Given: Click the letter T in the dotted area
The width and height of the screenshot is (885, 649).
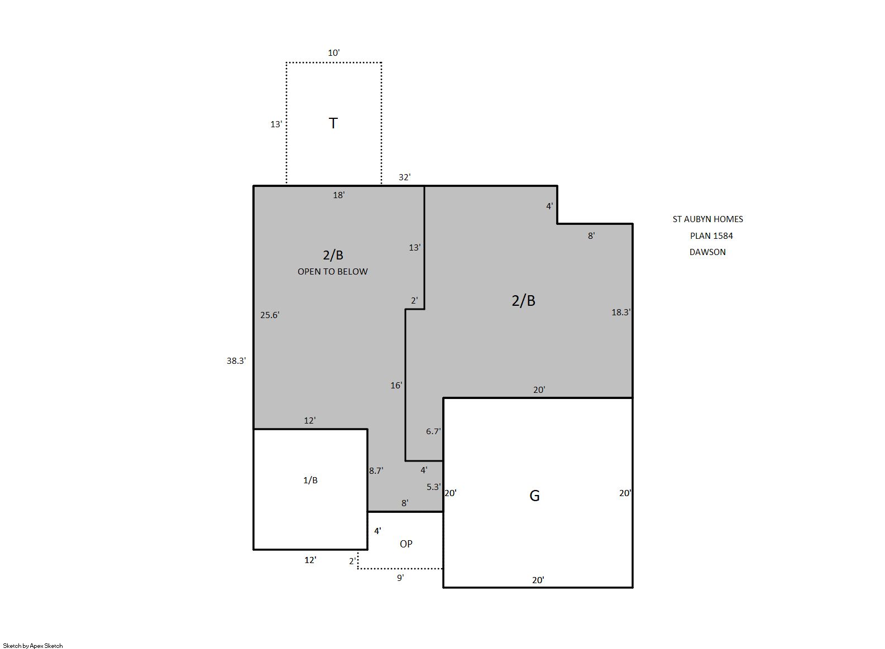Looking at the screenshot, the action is [x=333, y=123].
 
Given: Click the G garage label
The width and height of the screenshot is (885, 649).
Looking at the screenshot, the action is [x=534, y=496].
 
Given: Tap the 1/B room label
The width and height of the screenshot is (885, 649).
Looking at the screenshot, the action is [x=310, y=480].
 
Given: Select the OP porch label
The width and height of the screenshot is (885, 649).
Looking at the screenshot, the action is [x=406, y=544].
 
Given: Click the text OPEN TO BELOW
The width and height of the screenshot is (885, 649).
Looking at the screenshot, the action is [x=332, y=271].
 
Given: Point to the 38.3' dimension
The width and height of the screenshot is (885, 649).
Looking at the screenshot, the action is [x=236, y=360].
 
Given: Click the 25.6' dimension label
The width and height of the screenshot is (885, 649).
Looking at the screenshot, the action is [x=270, y=315].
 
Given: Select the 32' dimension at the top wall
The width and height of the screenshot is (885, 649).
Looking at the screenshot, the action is [x=405, y=177].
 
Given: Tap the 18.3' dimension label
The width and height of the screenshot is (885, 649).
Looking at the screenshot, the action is [x=621, y=312].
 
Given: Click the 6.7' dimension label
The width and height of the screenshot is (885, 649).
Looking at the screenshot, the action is [x=433, y=431].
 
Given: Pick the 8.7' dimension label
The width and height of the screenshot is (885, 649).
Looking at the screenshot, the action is [x=376, y=470].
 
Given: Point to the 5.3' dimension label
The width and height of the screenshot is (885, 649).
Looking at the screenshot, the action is [x=433, y=487].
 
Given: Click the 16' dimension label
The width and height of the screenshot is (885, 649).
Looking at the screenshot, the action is [x=396, y=385].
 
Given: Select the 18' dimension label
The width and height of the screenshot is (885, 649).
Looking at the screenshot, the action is [x=338, y=195].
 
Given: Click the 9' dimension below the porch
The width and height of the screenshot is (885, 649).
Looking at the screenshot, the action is [x=400, y=578].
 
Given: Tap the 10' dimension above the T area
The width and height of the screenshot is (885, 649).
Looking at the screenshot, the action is [x=333, y=52].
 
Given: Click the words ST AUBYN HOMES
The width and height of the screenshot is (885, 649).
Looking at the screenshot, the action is [x=707, y=219].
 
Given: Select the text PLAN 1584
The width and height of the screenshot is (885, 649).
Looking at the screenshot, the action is [x=711, y=235].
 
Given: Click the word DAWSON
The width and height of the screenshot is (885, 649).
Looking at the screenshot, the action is [x=707, y=252].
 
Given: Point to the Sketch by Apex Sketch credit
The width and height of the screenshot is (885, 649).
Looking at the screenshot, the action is [x=33, y=646].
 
